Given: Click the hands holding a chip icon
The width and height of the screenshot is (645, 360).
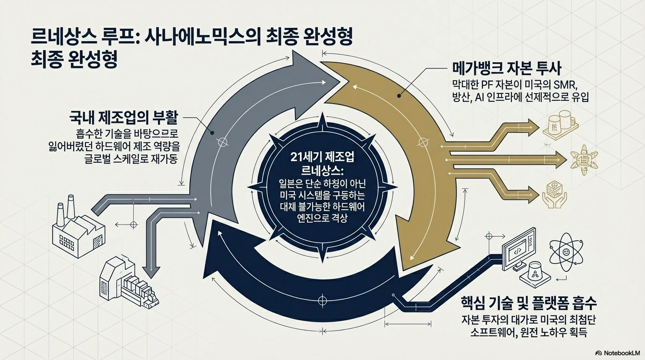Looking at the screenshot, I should [x=553, y=195].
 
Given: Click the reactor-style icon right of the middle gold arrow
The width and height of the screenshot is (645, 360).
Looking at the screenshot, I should [x=583, y=160].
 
